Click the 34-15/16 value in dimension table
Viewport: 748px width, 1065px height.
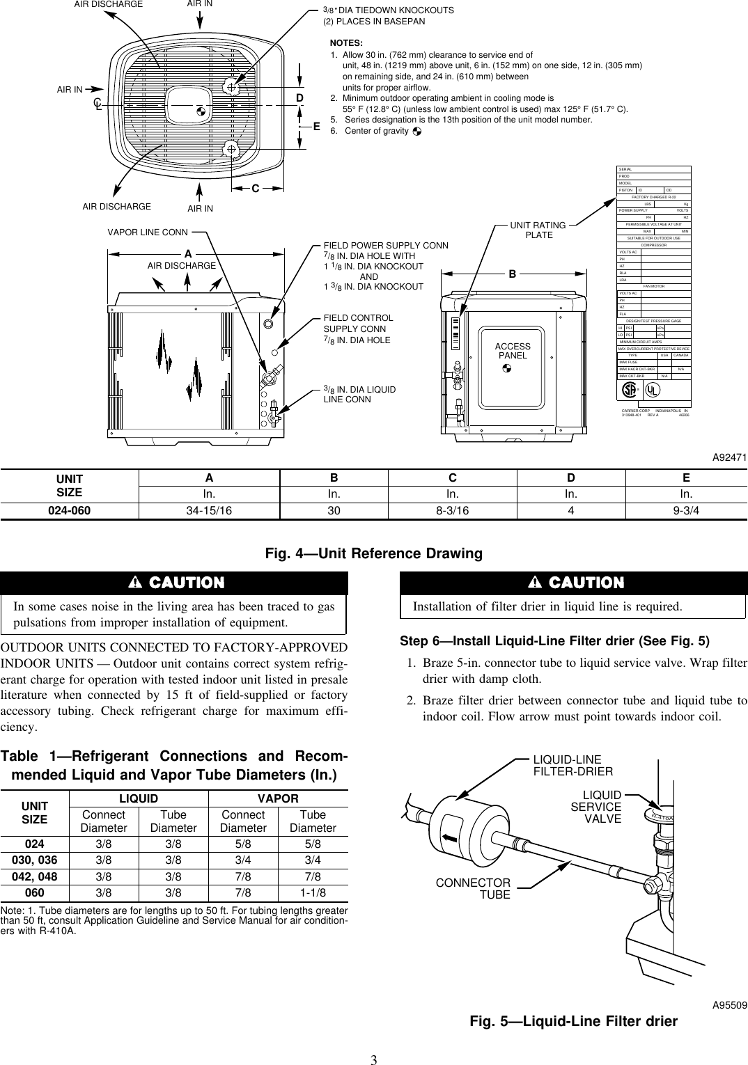click(x=209, y=510)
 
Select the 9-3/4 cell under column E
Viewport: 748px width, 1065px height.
click(x=686, y=510)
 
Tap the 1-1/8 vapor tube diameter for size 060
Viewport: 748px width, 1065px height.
click(x=313, y=893)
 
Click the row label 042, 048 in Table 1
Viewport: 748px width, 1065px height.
click(x=35, y=877)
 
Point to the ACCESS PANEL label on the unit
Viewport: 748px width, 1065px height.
click(x=513, y=351)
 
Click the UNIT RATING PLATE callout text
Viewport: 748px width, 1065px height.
click(x=538, y=230)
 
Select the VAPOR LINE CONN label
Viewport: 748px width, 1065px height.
click(x=148, y=232)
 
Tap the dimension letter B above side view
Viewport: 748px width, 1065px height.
click(x=512, y=274)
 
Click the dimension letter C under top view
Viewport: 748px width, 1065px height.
click(x=256, y=189)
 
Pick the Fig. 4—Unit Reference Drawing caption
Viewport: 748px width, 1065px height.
click(x=374, y=553)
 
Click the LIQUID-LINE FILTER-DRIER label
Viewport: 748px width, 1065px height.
click(x=572, y=765)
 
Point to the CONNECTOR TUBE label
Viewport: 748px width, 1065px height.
click(x=473, y=888)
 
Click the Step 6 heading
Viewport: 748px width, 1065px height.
click(x=554, y=640)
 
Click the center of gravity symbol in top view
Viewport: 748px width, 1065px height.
click(x=201, y=111)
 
